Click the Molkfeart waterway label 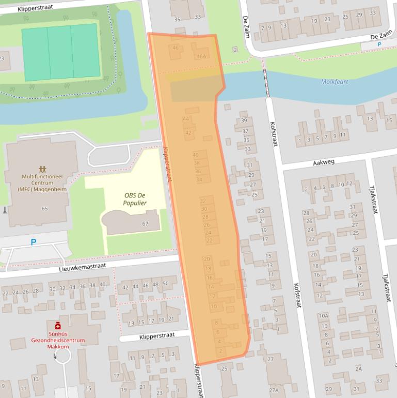pyautogui.click(x=335, y=82)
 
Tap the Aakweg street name pyautogui.click(x=324, y=162)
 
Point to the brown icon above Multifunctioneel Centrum pyautogui.click(x=41, y=169)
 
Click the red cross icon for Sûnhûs pyautogui.click(x=58, y=326)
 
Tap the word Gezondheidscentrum pyautogui.click(x=58, y=341)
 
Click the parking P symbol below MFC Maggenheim pyautogui.click(x=34, y=241)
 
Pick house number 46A pyautogui.click(x=201, y=57)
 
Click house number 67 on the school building pyautogui.click(x=145, y=223)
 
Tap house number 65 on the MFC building pyautogui.click(x=44, y=208)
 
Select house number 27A pyautogui.click(x=274, y=390)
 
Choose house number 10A pyautogui.click(x=323, y=316)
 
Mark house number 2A pyautogui.click(x=358, y=369)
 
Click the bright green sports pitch pyautogui.click(x=60, y=52)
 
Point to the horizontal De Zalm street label pyautogui.click(x=382, y=37)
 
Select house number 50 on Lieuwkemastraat pyautogui.click(x=165, y=284)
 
